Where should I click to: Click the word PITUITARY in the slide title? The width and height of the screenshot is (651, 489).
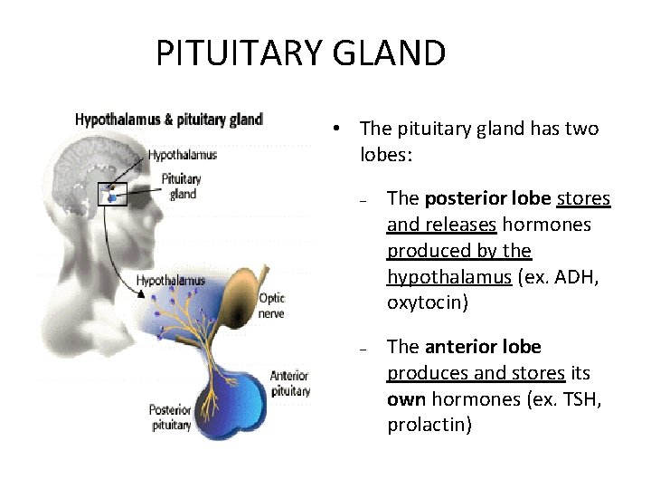[236, 53]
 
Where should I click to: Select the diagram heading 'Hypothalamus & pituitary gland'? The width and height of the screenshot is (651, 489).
[168, 119]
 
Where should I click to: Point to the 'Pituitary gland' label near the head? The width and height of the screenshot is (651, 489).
[181, 186]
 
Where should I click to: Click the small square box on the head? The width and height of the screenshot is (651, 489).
[111, 193]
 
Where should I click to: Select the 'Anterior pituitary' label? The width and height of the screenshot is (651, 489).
[289, 383]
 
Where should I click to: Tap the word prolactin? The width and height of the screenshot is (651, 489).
[429, 424]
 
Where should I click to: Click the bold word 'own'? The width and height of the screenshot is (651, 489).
[407, 399]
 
